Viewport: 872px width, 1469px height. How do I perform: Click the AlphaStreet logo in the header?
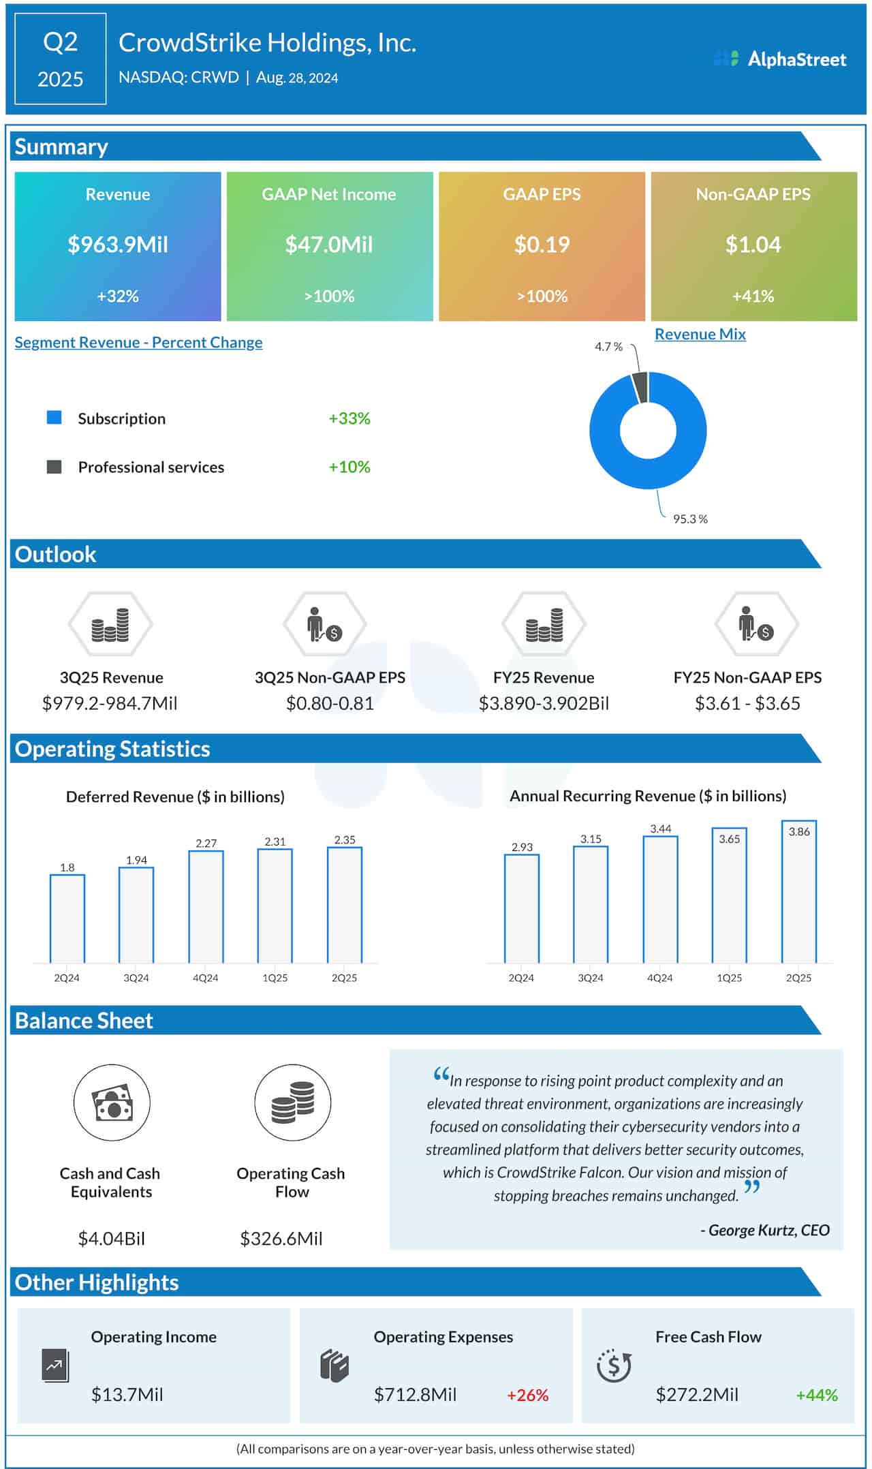coord(779,59)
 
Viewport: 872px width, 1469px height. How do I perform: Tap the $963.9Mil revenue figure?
coord(118,245)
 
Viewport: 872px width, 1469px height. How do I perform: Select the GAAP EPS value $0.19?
coord(542,245)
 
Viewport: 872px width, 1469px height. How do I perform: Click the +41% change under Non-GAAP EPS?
coord(753,296)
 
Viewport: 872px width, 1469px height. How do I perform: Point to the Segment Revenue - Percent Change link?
coord(138,343)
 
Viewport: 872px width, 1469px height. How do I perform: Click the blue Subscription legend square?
coord(54,418)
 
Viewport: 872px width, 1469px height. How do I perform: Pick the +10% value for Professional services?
coord(349,467)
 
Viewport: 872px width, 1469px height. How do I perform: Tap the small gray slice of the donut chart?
coord(640,387)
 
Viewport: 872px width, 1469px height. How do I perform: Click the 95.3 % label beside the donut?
coord(690,519)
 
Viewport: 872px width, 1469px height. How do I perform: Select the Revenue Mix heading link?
coord(700,335)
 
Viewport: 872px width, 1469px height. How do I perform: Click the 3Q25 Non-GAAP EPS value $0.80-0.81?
coord(330,703)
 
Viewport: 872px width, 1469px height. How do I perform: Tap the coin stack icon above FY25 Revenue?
coord(544,625)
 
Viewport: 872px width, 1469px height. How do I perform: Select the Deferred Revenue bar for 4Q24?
coord(206,906)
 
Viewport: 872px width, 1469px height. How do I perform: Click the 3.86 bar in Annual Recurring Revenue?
coord(798,893)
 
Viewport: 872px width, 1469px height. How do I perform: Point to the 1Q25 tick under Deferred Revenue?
coord(275,978)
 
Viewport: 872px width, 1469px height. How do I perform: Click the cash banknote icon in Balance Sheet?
coord(112,1102)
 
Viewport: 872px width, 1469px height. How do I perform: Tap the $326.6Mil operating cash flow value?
coord(281,1239)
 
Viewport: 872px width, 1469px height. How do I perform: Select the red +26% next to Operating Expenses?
coord(527,1395)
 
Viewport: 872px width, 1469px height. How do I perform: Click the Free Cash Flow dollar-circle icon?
coord(614,1365)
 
